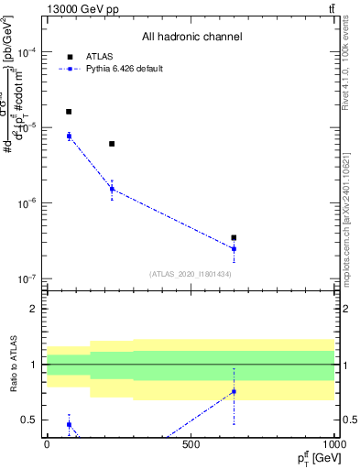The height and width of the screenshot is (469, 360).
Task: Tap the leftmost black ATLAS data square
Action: [x=69, y=112]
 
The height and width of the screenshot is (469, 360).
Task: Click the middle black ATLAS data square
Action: [x=112, y=144]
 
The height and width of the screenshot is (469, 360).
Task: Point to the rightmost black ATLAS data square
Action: [x=234, y=237]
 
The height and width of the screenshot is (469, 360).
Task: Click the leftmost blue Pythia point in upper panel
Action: [x=69, y=136]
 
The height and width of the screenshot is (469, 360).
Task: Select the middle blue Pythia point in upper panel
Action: [x=112, y=190]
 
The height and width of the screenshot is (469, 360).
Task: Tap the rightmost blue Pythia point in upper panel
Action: [x=234, y=248]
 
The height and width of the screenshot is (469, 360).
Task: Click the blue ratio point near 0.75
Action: [x=234, y=391]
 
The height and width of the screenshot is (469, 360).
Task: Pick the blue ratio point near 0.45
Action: [x=69, y=424]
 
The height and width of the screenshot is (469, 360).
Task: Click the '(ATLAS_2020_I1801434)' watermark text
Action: [x=190, y=274]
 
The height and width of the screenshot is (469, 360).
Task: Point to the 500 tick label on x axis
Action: [x=191, y=444]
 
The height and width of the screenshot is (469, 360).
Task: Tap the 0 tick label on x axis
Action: [x=47, y=444]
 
